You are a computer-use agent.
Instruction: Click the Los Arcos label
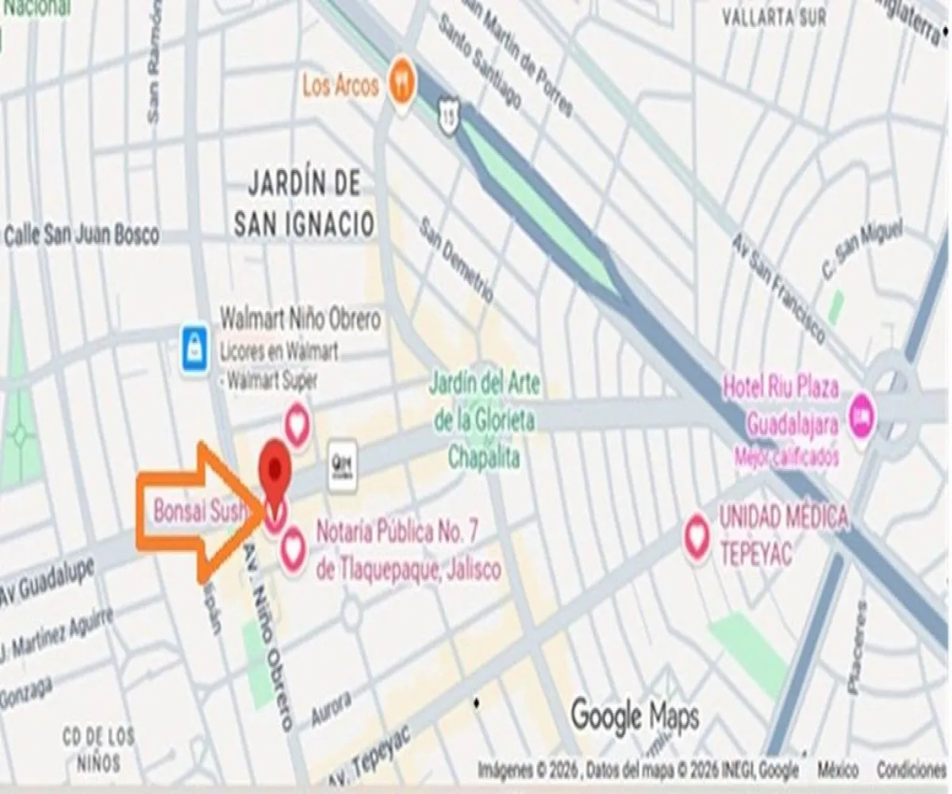(x=340, y=84)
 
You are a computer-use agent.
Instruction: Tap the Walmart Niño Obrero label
(x=300, y=320)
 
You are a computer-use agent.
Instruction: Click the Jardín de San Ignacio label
(x=304, y=204)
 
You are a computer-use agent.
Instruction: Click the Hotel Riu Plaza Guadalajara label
(x=781, y=407)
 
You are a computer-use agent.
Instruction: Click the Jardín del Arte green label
(x=485, y=421)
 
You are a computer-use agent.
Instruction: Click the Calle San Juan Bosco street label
(x=82, y=235)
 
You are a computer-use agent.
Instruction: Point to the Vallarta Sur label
(x=774, y=17)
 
